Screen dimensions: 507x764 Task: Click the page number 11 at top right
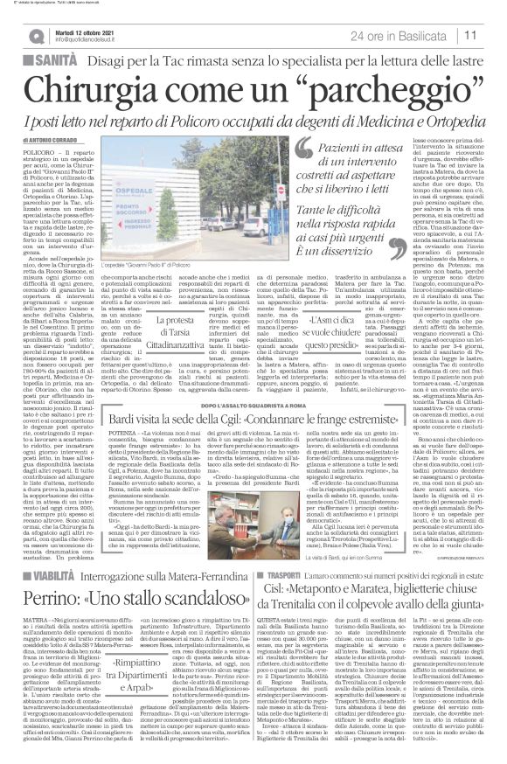[x=494, y=34]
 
